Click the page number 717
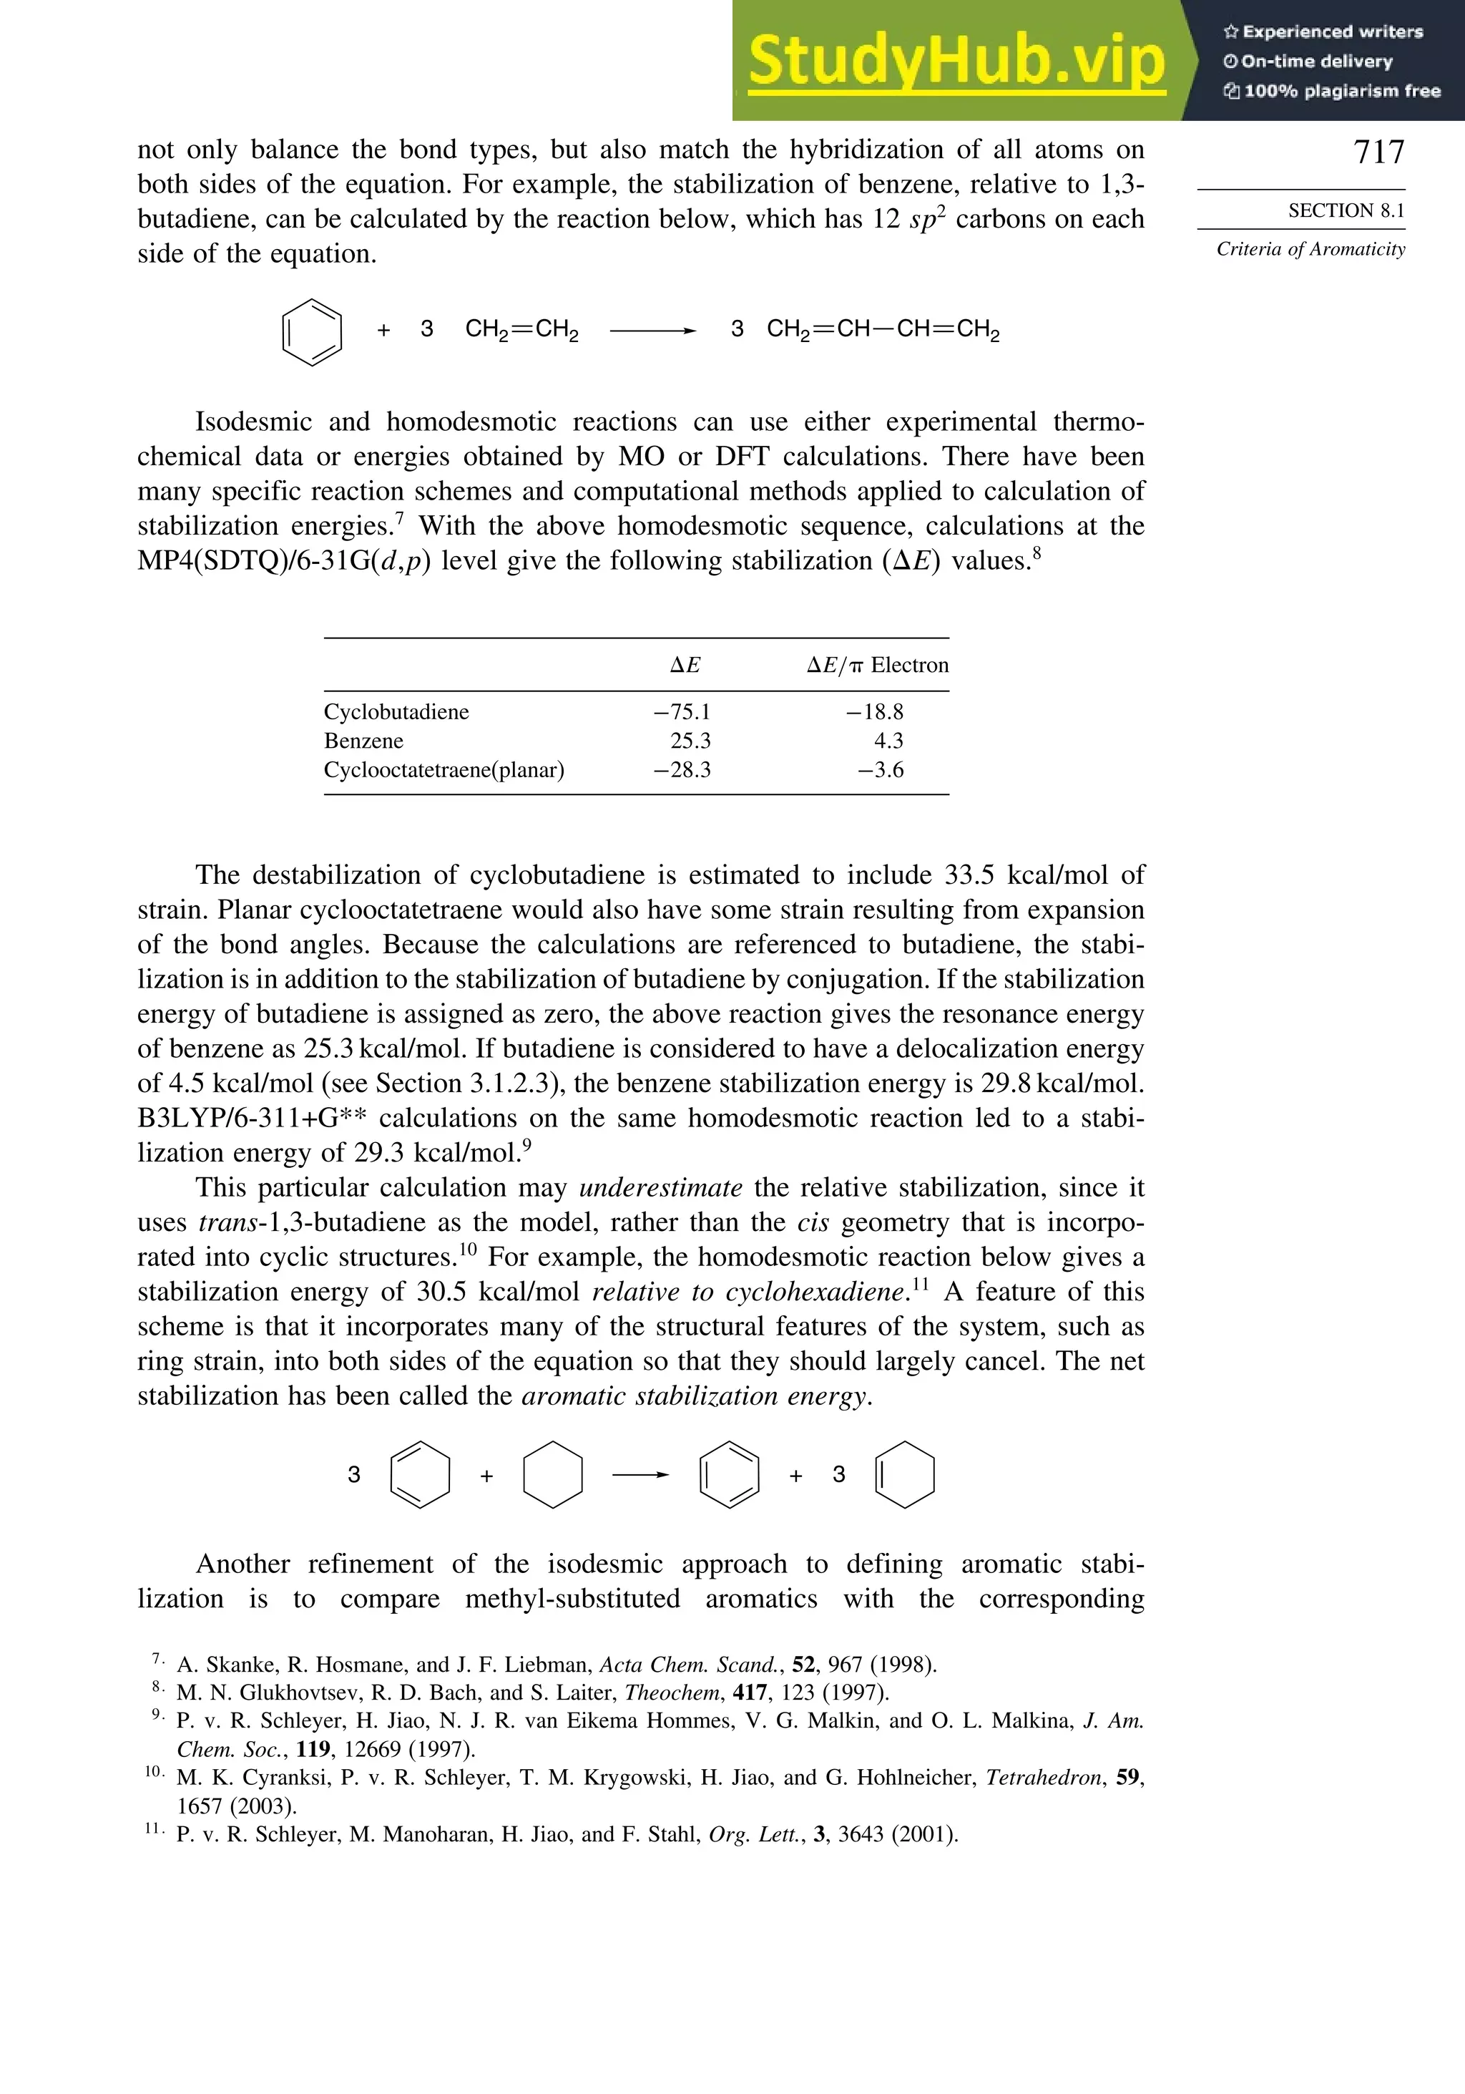1378,152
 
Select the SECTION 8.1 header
1346,210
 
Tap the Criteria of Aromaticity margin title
1310,249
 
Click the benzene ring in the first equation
312,332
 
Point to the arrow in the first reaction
652,331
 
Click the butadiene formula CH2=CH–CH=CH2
883,330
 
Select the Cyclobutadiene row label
396,711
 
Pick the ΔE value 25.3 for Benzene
690,741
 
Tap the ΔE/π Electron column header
877,665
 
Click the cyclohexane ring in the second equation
552,1475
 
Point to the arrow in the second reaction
640,1475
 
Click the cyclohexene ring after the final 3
904,1475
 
